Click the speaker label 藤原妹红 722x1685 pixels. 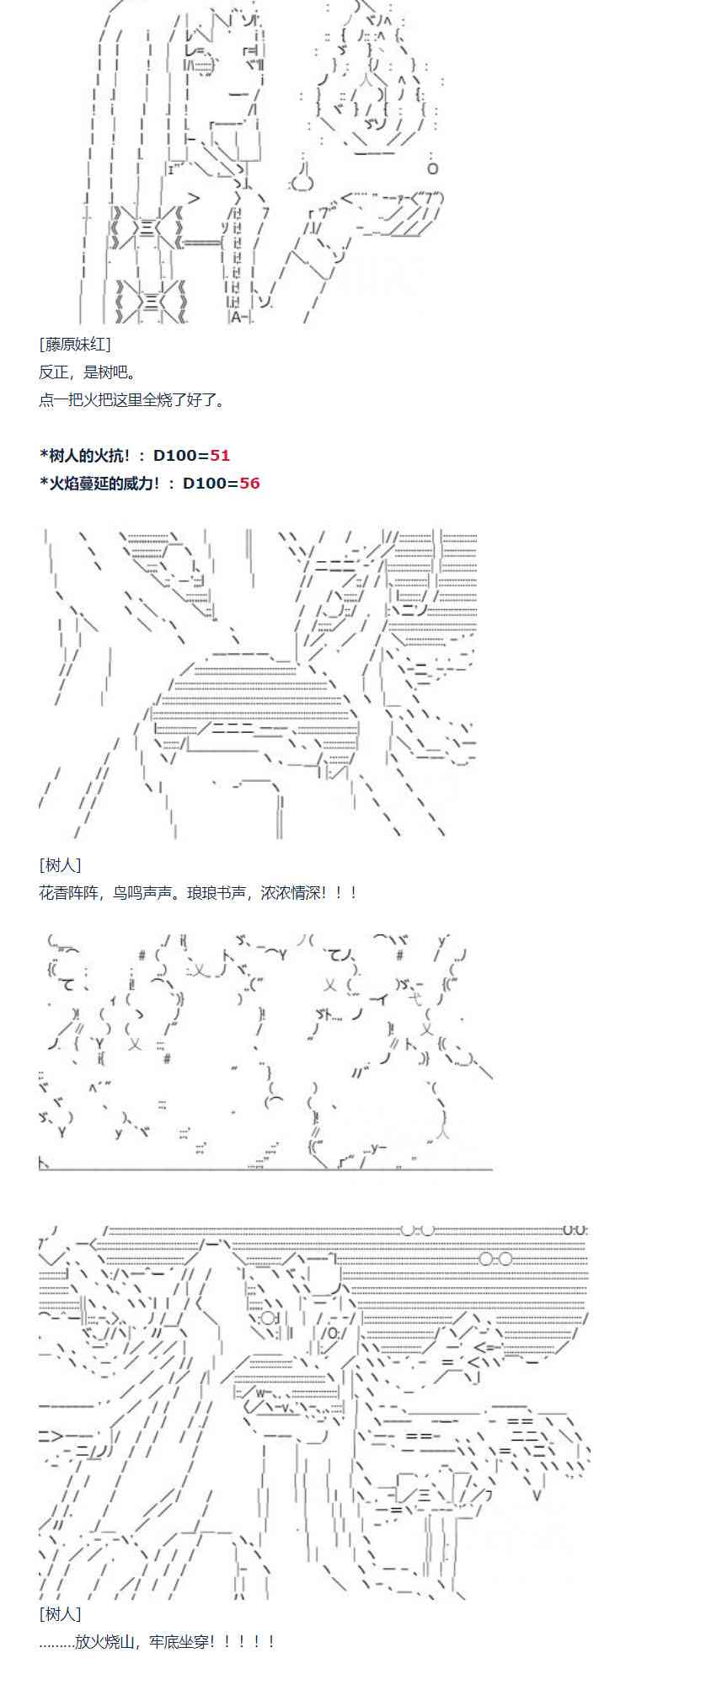[74, 344]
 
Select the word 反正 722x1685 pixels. [52, 372]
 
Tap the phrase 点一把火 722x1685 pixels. [67, 399]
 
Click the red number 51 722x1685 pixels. [220, 455]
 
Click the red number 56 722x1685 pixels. [249, 483]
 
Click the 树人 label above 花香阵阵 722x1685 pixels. [60, 864]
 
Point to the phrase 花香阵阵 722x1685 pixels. [67, 892]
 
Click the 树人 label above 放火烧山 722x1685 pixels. [60, 1613]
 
